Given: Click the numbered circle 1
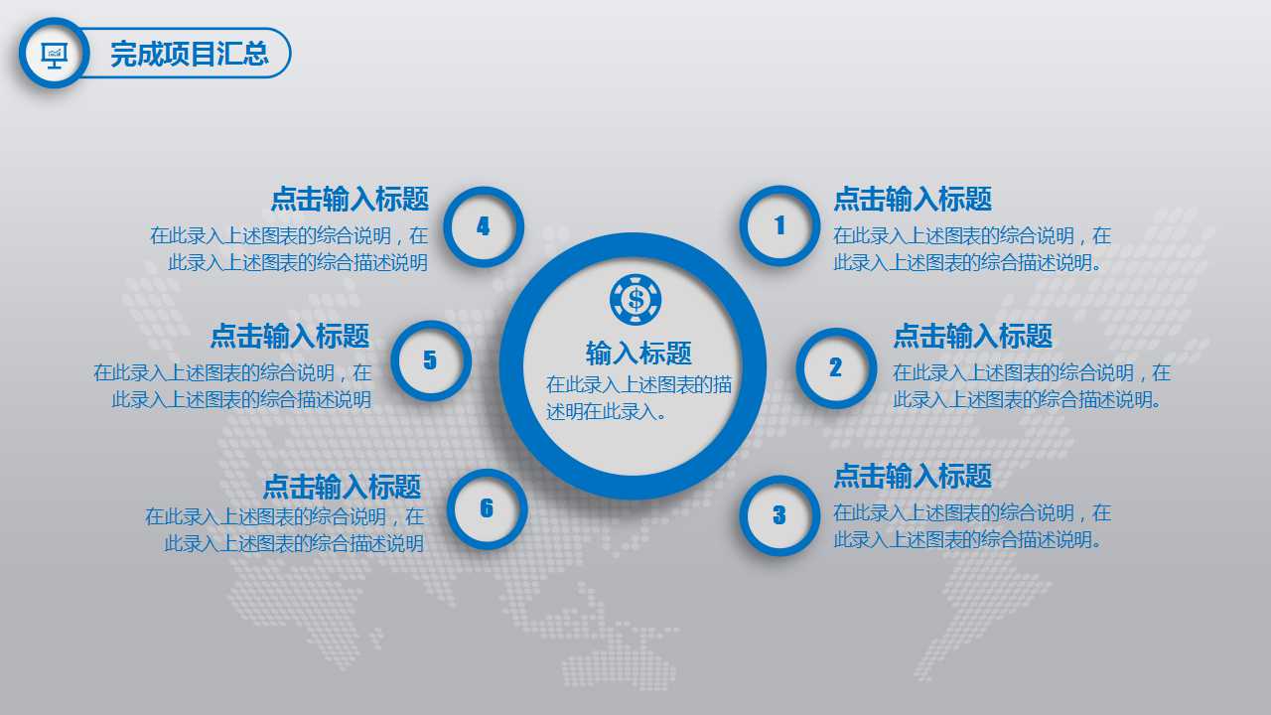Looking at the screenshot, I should tap(779, 226).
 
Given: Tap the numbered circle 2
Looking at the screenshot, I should tap(836, 368).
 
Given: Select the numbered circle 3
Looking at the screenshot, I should tap(779, 515).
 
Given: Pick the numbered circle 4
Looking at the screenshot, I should tap(484, 226).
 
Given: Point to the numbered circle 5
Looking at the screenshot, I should tap(430, 360).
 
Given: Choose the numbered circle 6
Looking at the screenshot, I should tap(487, 508).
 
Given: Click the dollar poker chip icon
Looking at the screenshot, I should tap(635, 298).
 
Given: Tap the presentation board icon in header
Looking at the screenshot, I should tap(54, 53).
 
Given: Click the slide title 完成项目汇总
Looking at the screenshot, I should tap(189, 54).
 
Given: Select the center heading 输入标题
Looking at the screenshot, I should tap(638, 353).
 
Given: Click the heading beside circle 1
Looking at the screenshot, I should tap(912, 199).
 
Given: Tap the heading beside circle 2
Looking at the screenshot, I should tap(972, 336).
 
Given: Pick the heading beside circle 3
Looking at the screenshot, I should tap(912, 476).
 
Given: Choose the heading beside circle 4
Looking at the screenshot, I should tap(350, 199).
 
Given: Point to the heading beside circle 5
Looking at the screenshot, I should tap(290, 336).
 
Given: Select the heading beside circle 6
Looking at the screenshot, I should tap(342, 487).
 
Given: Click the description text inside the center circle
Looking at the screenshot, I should tap(638, 397).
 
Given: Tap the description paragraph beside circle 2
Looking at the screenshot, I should tap(1031, 386).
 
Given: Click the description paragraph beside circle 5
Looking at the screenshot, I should tap(233, 386).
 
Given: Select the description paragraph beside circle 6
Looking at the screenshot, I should tap(285, 530).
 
